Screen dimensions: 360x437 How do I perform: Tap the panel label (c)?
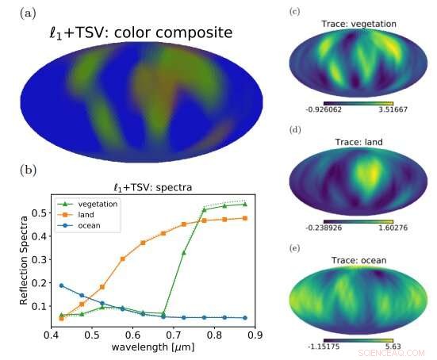[295, 11]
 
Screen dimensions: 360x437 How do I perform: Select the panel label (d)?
[295, 129]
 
